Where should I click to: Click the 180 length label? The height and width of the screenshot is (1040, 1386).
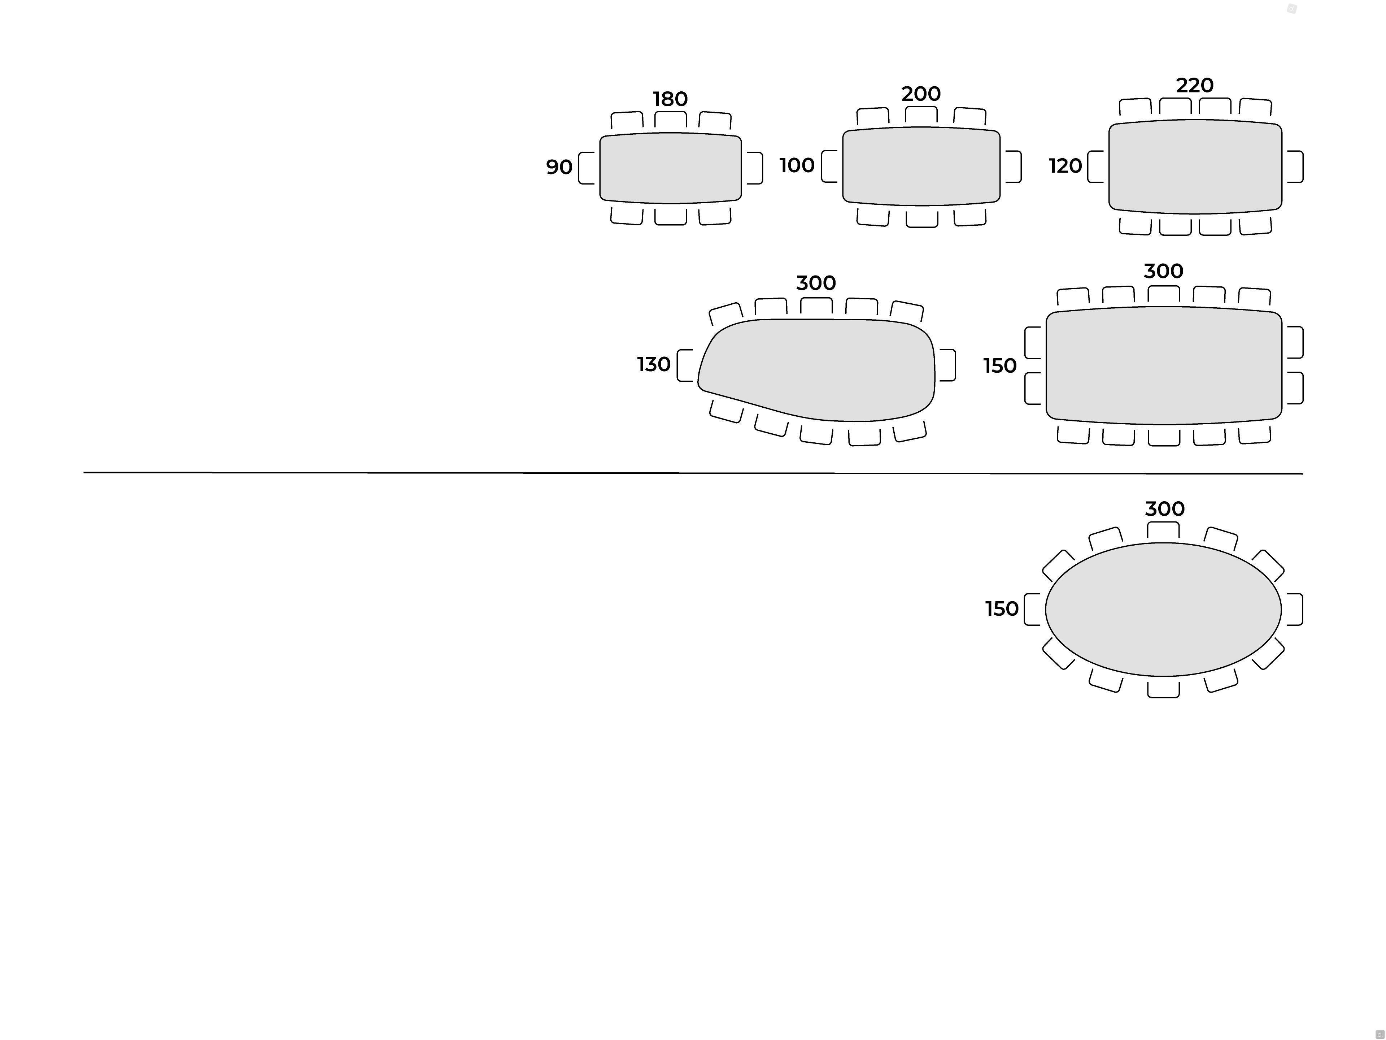[670, 99]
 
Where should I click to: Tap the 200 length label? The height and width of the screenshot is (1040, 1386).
[920, 94]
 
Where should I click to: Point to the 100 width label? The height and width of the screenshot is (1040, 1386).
[796, 165]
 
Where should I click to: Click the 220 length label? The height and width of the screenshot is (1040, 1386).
[1194, 85]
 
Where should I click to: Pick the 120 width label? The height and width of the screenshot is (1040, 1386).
[1065, 166]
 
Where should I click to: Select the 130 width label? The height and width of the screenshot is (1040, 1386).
[654, 364]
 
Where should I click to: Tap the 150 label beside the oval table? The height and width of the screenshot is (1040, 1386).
[1001, 609]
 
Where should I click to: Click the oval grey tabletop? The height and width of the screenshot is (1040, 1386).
[1163, 609]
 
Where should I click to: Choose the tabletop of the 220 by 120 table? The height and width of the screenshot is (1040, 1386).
[1195, 167]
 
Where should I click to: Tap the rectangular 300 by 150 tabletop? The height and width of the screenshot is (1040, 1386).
[1164, 365]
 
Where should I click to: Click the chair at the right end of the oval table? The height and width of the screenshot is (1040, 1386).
[1295, 609]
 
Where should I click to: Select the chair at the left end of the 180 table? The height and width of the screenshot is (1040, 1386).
[587, 168]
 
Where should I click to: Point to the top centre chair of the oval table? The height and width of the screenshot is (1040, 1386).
[1163, 530]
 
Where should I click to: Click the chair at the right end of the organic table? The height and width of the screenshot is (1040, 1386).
[947, 365]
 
